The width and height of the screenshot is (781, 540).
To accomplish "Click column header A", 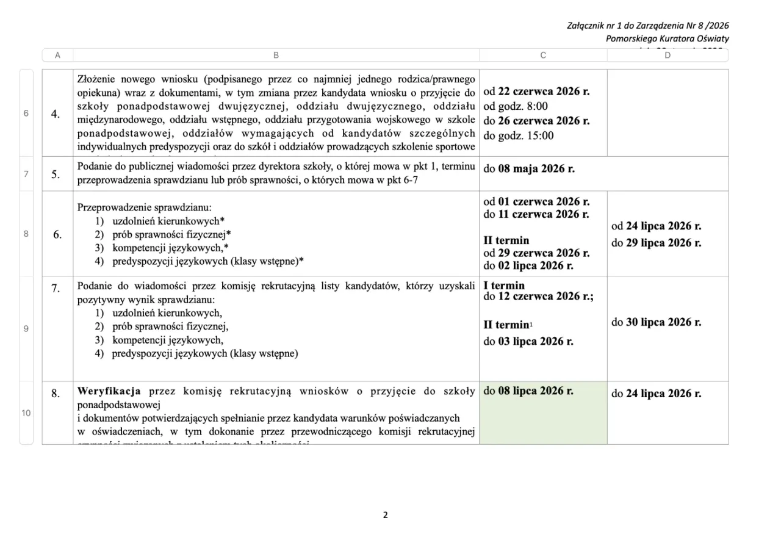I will click(57, 56).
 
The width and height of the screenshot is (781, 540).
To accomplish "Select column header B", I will click(276, 56).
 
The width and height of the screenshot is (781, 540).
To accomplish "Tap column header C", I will click(543, 56).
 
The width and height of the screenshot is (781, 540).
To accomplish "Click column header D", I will click(668, 56).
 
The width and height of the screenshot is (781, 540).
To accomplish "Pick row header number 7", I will click(26, 174).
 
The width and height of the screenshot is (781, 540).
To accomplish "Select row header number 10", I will click(26, 413).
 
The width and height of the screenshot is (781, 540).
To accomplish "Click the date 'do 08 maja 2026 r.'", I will click(528, 169).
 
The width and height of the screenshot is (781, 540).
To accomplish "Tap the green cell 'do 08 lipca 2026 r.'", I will click(528, 391).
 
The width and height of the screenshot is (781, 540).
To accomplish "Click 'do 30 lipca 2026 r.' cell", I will click(657, 322).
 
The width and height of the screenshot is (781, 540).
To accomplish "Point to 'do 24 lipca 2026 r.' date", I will click(657, 394).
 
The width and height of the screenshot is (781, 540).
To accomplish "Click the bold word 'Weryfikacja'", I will click(109, 391).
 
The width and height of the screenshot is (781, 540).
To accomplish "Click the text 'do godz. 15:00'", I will click(519, 135).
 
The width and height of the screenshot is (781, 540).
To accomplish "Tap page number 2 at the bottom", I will click(385, 515).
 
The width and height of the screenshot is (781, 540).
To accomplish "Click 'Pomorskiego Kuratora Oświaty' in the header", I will click(667, 38).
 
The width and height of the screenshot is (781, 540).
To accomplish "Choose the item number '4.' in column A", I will click(56, 113).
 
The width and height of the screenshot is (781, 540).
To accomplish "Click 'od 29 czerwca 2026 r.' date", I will click(536, 253).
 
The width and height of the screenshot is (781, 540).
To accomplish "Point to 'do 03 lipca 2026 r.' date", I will click(528, 341).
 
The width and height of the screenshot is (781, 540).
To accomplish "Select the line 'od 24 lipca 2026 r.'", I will click(657, 226).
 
